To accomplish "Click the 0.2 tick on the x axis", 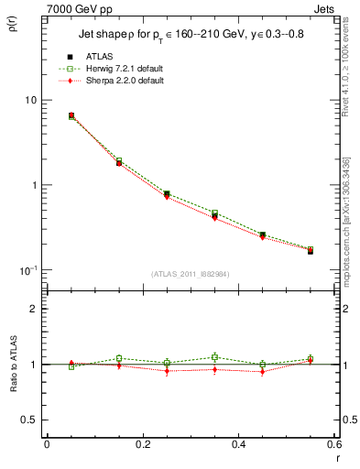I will pyautogui.click(x=142, y=444).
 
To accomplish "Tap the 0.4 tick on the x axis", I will pyautogui.click(x=238, y=444).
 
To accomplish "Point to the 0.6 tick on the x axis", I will pyautogui.click(x=334, y=444).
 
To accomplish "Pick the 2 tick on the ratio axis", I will pyautogui.click(x=34, y=309).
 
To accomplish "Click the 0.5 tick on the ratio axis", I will pyautogui.click(x=30, y=420).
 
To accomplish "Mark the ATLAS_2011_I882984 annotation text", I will pyautogui.click(x=190, y=274).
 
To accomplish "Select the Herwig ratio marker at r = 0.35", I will pyautogui.click(x=214, y=357).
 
